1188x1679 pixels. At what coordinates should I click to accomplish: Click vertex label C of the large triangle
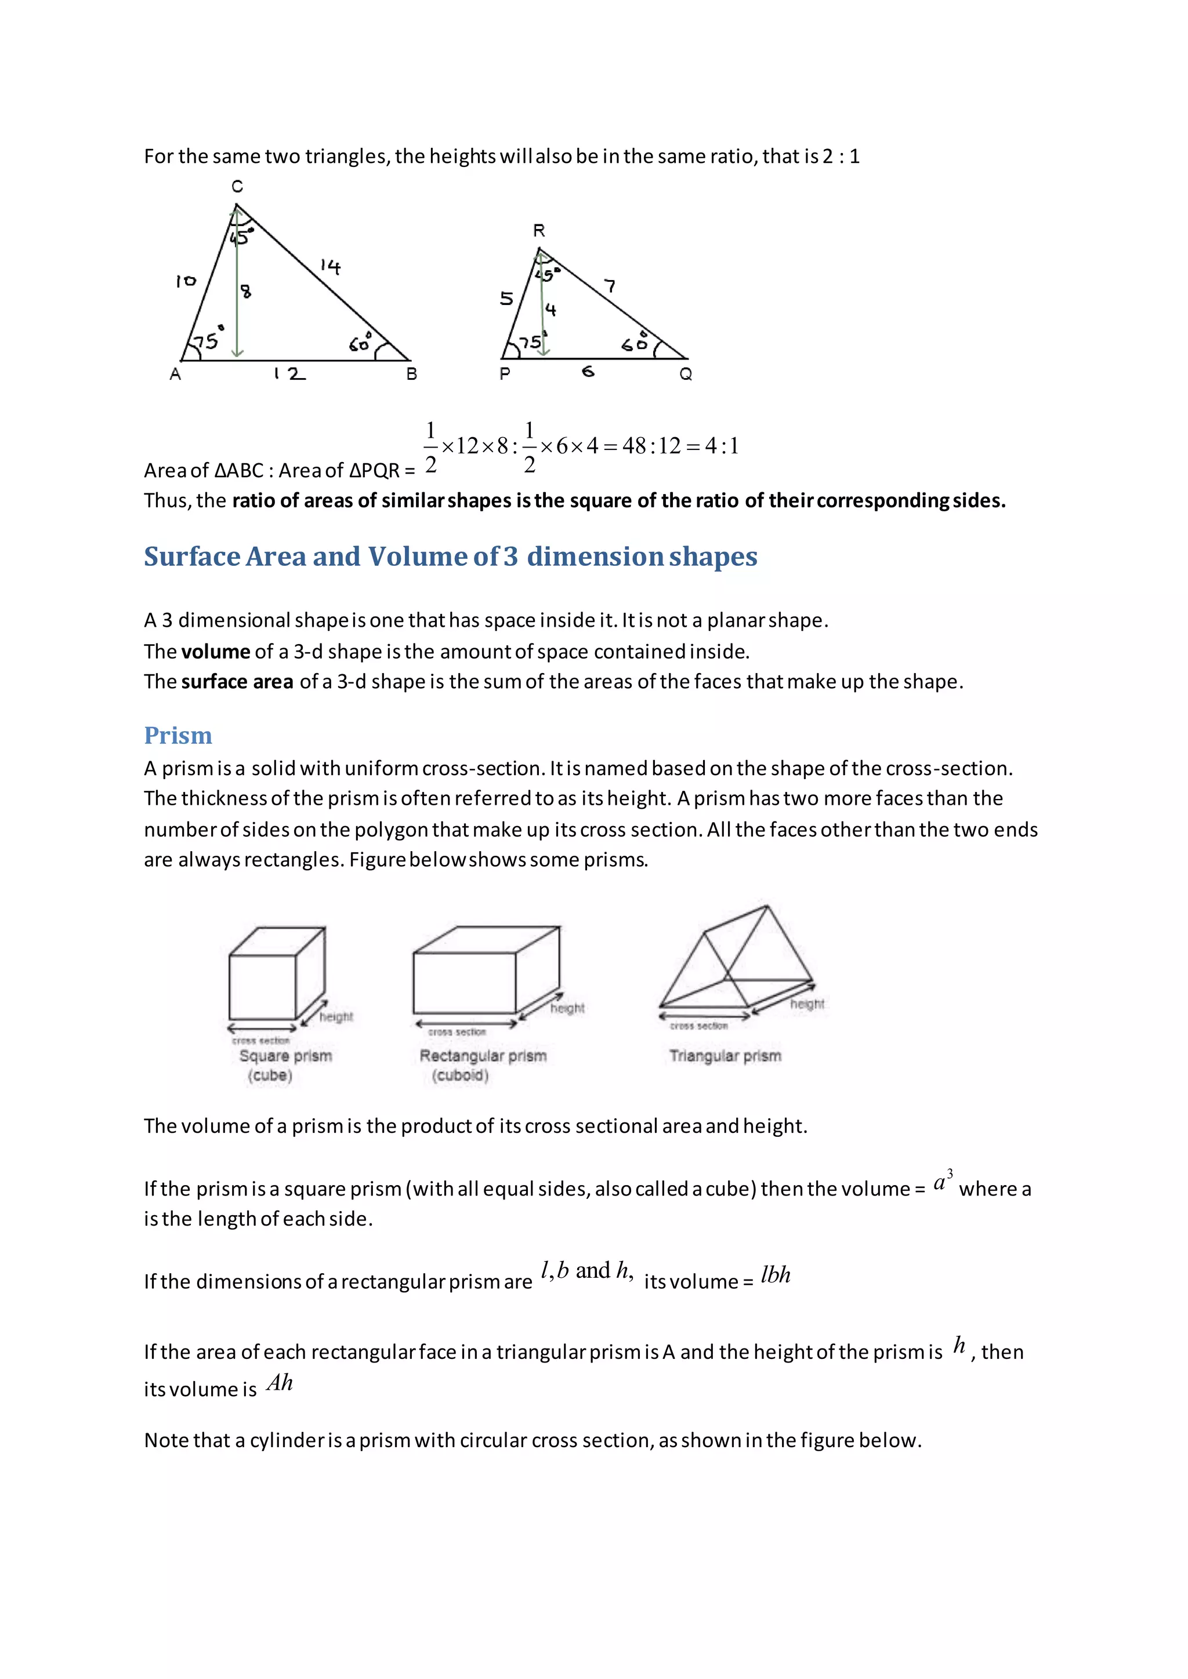237,187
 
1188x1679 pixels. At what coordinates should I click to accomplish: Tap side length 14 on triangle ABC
331,267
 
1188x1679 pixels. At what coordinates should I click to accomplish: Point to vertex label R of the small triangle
539,231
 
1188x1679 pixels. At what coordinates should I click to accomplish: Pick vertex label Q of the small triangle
686,375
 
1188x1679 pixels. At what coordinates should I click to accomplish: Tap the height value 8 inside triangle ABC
247,291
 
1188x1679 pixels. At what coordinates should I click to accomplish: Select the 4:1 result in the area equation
722,446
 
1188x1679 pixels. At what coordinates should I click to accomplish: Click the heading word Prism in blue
178,736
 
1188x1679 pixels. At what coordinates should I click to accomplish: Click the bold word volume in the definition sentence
216,652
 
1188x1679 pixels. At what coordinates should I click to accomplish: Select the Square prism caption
285,1056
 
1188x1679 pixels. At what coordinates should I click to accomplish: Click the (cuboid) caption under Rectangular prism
460,1075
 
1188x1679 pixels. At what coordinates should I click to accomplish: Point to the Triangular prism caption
725,1056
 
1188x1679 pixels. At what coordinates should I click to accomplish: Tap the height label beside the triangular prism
807,1004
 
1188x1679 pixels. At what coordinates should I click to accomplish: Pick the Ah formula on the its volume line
280,1383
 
